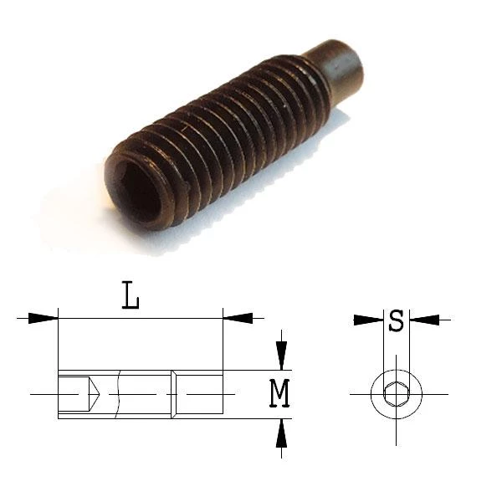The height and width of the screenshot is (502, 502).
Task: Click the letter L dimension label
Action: click(131, 295)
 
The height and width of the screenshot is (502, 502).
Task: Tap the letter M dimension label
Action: click(279, 393)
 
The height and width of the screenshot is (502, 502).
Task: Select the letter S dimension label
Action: click(396, 320)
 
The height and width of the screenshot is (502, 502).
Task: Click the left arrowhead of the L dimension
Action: click(43, 318)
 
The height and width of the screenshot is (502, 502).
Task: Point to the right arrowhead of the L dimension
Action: click(238, 318)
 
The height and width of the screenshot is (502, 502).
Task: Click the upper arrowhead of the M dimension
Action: click(281, 356)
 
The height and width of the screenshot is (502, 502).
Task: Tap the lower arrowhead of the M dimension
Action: click(281, 433)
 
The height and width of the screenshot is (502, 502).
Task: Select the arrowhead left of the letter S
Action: click(368, 320)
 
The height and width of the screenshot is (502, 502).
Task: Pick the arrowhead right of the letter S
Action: click(424, 320)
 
